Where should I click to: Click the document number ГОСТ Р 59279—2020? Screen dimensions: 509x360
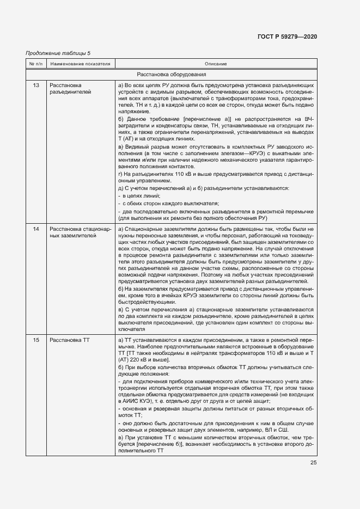click(287, 36)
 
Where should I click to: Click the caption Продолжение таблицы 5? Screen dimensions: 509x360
click(58, 53)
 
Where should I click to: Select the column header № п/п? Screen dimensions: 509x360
click(35, 64)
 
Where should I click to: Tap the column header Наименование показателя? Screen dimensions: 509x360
click(80, 64)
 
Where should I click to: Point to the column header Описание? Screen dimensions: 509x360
click(216, 64)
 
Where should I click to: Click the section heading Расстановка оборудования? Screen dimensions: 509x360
click(171, 75)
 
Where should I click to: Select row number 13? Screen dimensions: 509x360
click(35, 85)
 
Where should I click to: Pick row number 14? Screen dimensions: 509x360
click(35, 229)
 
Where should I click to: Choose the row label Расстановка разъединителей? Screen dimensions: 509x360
click(70, 89)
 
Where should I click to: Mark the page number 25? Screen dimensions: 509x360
click(313, 463)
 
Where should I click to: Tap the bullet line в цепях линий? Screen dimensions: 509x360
click(139, 195)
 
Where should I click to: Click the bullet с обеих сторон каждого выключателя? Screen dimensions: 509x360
click(163, 203)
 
